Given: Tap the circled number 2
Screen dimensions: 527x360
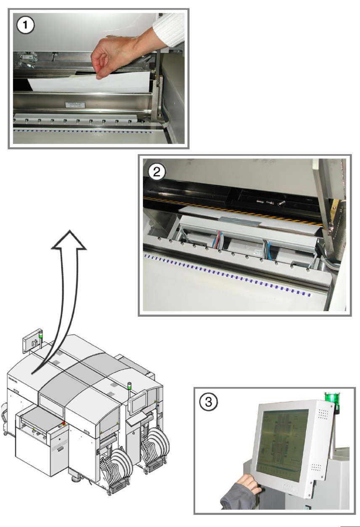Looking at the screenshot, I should [x=157, y=172].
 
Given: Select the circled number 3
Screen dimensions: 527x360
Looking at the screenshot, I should [x=208, y=402].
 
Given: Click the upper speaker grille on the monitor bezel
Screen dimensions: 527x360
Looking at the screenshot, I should [x=323, y=415].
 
